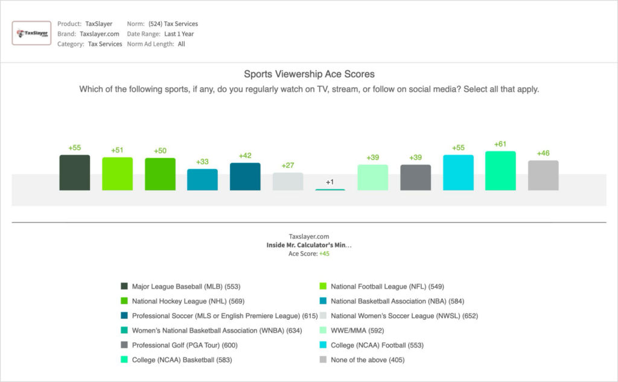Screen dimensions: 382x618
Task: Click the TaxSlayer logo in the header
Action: tap(31, 33)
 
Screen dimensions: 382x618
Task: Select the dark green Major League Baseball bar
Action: tap(74, 173)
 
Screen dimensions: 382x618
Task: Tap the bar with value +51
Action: tap(117, 174)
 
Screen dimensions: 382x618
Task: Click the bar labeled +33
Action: tap(202, 179)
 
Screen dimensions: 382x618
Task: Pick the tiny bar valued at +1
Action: tap(330, 189)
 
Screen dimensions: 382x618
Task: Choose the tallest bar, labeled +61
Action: tap(500, 171)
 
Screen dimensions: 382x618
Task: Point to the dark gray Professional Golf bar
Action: tap(415, 177)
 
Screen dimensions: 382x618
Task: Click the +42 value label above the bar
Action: tap(245, 156)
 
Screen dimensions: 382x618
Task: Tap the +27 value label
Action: tap(288, 165)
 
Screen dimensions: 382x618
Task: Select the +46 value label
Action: tap(543, 153)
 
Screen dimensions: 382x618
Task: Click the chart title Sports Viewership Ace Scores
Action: tap(309, 74)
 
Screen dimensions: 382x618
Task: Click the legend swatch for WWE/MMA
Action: tap(323, 331)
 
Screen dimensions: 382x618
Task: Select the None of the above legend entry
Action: tap(368, 360)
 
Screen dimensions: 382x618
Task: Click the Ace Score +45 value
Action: tap(324, 253)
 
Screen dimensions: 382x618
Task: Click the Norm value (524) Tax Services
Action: tap(173, 24)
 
